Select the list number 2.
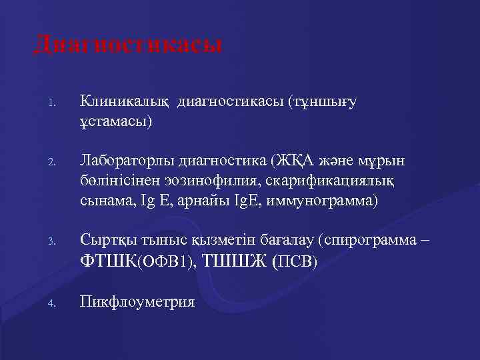point(50,163)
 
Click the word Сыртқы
point(105,237)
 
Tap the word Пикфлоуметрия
point(137,302)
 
